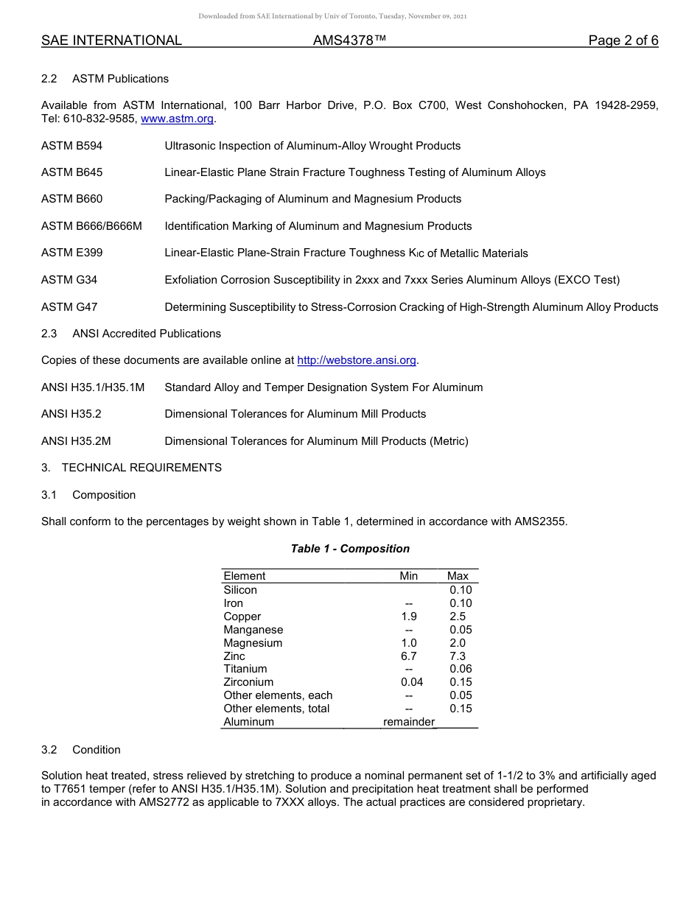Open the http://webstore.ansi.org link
pyautogui.click(x=357, y=360)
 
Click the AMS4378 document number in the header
pyautogui.click(x=349, y=41)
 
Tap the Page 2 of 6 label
pyautogui.click(x=623, y=41)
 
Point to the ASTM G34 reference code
pyautogui.click(x=69, y=280)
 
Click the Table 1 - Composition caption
pyautogui.click(x=350, y=549)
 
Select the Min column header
pyautogui.click(x=408, y=576)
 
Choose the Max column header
pyautogui.click(x=458, y=576)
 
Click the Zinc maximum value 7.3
pyautogui.click(x=458, y=656)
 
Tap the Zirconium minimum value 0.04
pyautogui.click(x=412, y=682)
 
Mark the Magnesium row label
pyautogui.click(x=253, y=643)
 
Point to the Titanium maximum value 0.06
pyautogui.click(x=461, y=669)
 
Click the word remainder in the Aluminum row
pyautogui.click(x=409, y=722)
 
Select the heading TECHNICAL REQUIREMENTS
pyautogui.click(x=141, y=468)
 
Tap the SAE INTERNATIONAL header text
pyautogui.click(x=111, y=41)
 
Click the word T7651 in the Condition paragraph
pyautogui.click(x=71, y=789)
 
